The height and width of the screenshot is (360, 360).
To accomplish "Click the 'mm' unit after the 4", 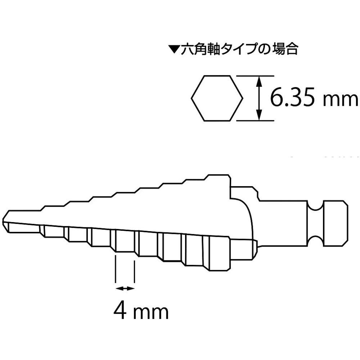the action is pos(151,313).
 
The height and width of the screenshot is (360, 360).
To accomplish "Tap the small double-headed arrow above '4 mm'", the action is pos(125,289).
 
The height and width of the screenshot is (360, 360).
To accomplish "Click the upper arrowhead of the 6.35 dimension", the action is pos(259,81).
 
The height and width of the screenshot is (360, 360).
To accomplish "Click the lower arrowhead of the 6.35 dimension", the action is pos(259,115).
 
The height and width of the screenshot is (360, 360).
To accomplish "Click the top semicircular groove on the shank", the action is pos(315,205).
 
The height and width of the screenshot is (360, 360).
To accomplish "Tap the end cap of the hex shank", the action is pos(336,224).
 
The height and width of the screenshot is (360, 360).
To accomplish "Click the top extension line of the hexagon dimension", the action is pos(255,76).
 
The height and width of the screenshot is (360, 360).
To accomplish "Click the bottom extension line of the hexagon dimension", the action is pos(255,121).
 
